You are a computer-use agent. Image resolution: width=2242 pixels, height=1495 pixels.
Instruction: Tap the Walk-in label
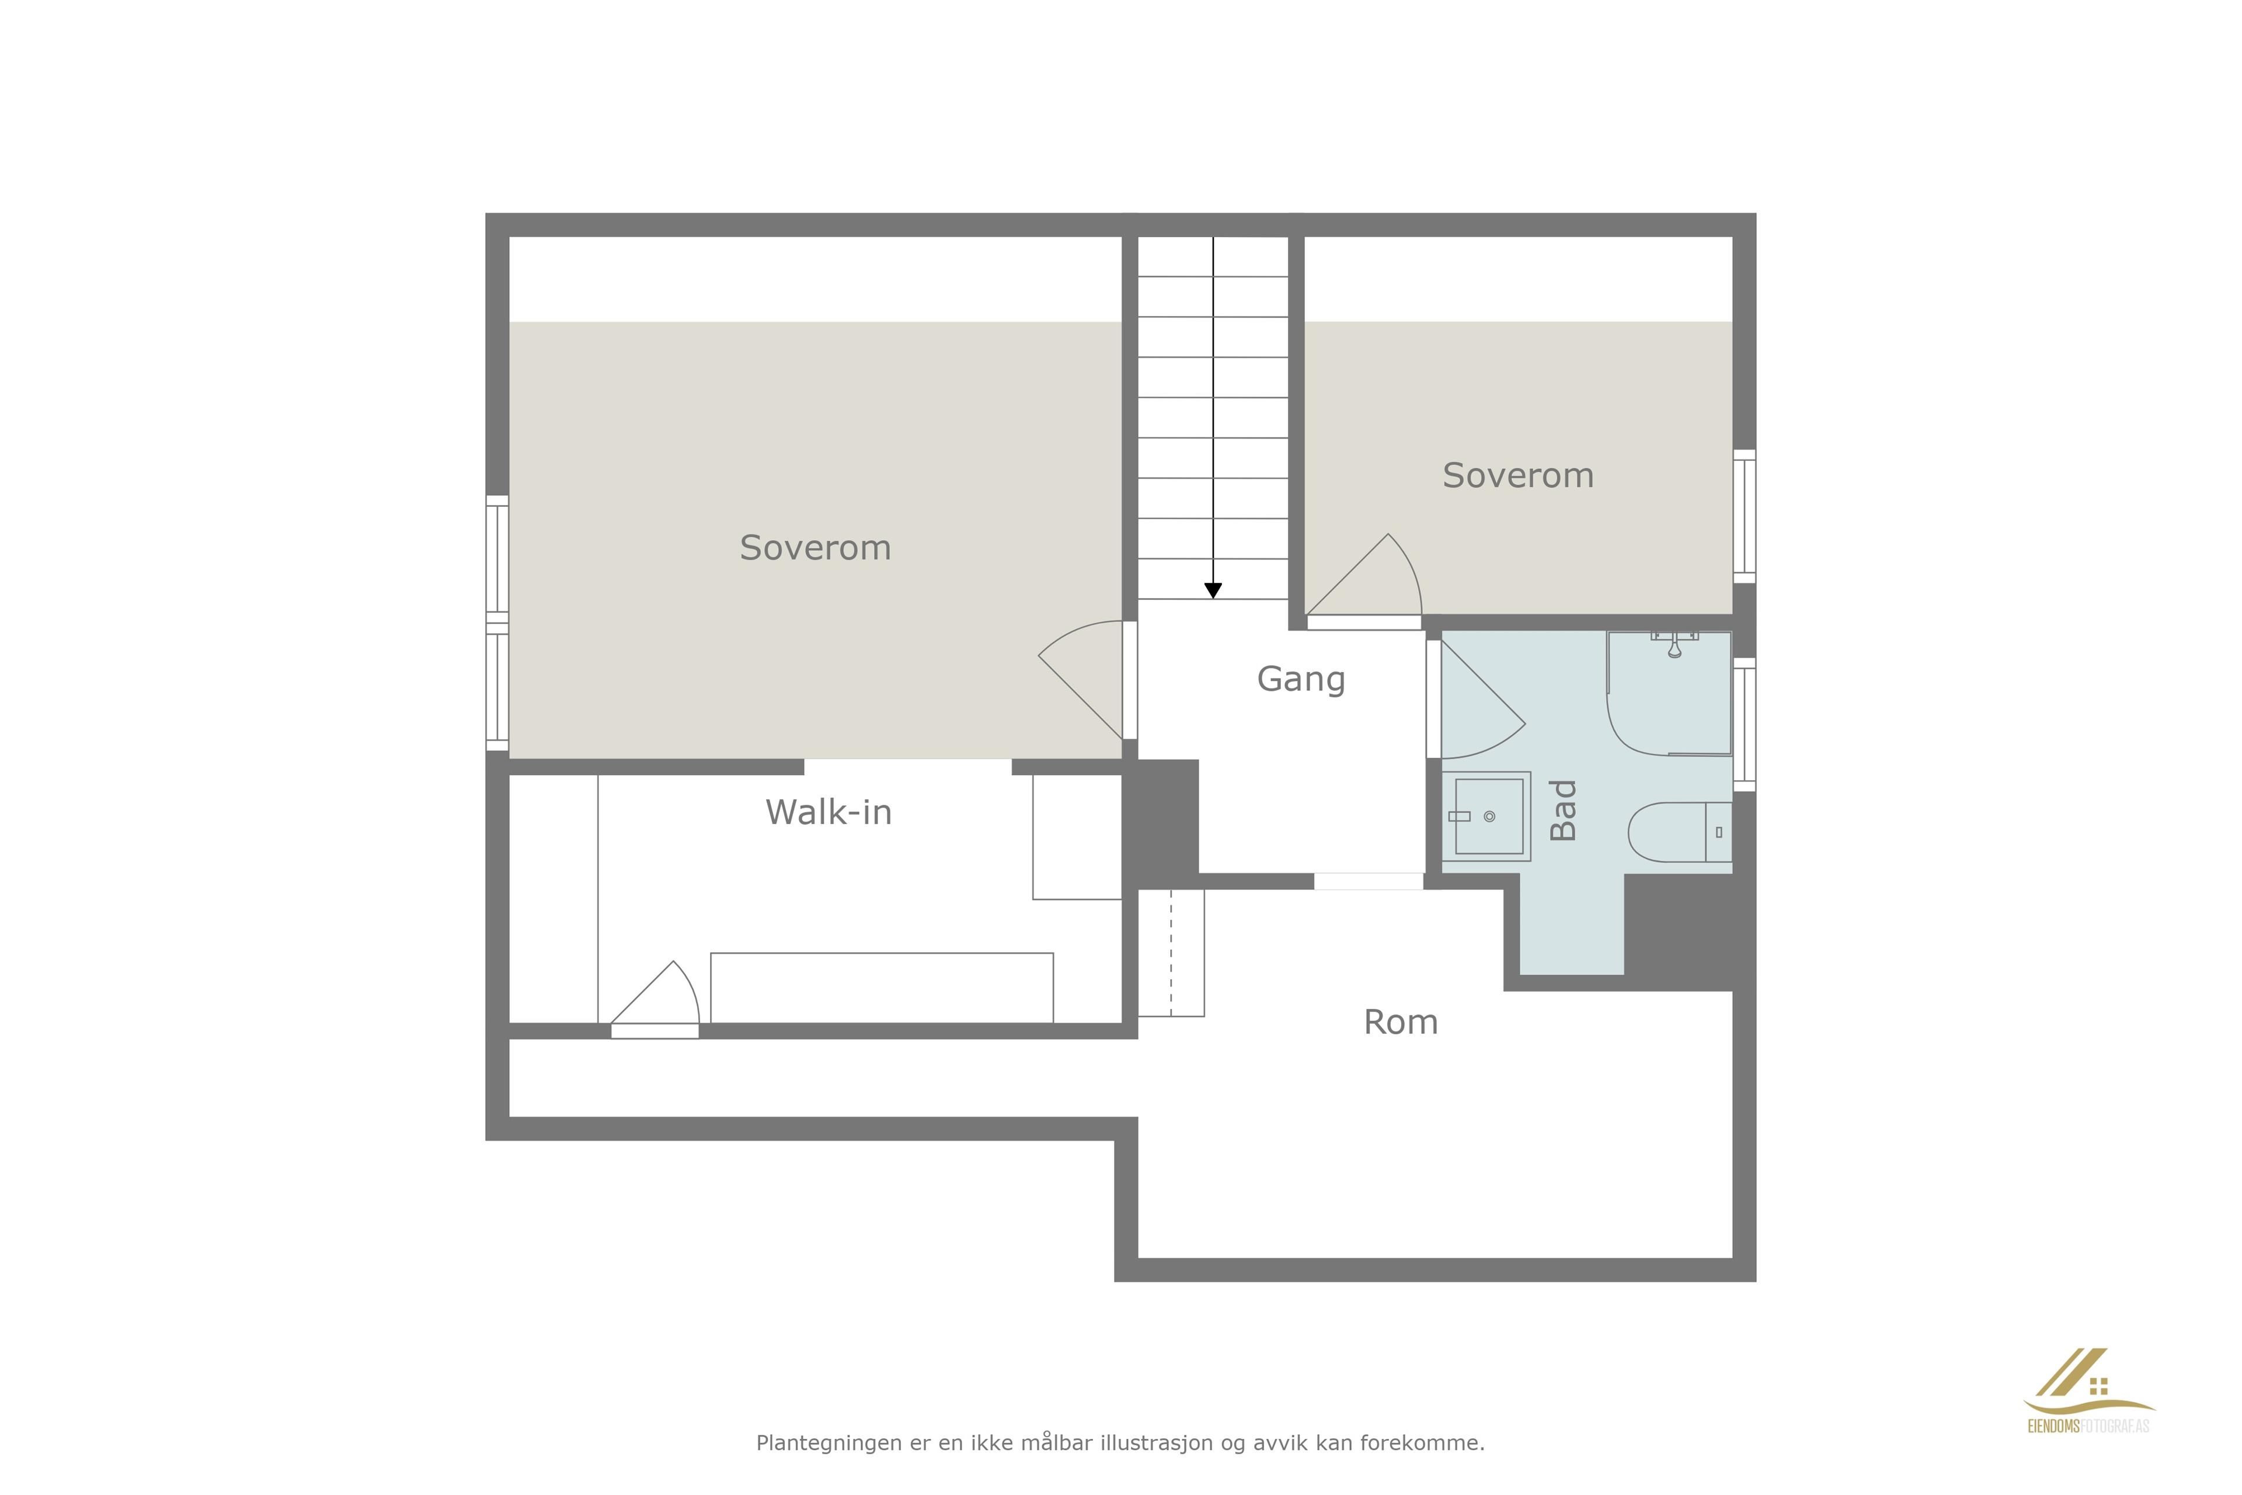tap(828, 812)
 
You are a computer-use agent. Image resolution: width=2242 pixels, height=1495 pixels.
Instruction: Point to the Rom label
tap(1400, 1022)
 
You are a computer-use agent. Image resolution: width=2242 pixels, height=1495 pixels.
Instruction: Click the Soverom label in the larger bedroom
tap(815, 548)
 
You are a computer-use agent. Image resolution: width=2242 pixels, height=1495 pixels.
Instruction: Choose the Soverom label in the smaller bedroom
tap(1517, 476)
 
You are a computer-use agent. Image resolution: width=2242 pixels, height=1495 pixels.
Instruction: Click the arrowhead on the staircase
tap(1213, 591)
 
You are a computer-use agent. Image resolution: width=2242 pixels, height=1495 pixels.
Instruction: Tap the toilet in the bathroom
tap(1680, 832)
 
